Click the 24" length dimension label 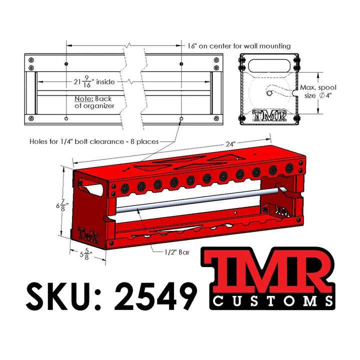[230, 144]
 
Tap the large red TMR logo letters [267, 270]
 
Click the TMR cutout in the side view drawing [269, 115]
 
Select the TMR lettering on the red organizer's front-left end [88, 234]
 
